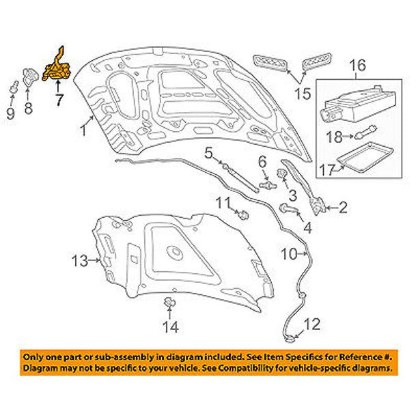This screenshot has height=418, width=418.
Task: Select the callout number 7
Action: [x=59, y=100]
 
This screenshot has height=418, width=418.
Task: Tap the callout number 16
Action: [x=357, y=66]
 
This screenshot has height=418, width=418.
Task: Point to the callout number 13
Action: [x=80, y=260]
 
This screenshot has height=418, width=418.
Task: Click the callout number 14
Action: [x=170, y=328]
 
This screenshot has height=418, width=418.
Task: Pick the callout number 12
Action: [x=311, y=324]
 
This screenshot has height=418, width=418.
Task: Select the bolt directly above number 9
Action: [x=12, y=89]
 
